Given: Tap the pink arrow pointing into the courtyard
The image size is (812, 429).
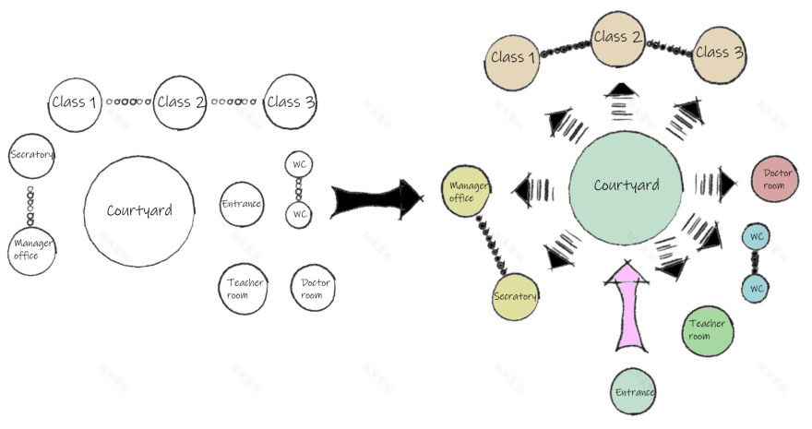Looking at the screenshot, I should pyautogui.click(x=629, y=304).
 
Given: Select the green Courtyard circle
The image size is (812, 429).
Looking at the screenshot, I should pyautogui.click(x=627, y=187).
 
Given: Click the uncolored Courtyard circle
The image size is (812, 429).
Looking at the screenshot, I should pyautogui.click(x=139, y=210).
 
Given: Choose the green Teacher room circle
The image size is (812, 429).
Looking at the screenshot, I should pyautogui.click(x=708, y=329).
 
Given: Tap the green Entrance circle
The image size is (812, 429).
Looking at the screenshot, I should pyautogui.click(x=634, y=392).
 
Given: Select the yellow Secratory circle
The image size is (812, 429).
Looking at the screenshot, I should pyautogui.click(x=515, y=296).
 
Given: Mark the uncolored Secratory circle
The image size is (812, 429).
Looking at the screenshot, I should pyautogui.click(x=32, y=155).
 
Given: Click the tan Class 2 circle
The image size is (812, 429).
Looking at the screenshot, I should pyautogui.click(x=618, y=39).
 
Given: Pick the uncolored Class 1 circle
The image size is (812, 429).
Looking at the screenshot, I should pyautogui.click(x=75, y=102).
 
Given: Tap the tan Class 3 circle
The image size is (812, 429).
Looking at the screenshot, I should pyautogui.click(x=719, y=54).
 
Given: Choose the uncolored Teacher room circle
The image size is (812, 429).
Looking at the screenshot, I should pyautogui.click(x=245, y=289).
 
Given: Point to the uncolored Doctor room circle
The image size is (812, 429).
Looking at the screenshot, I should pyautogui.click(x=312, y=289).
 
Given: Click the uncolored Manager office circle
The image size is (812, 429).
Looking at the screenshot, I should pyautogui.click(x=32, y=249).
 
